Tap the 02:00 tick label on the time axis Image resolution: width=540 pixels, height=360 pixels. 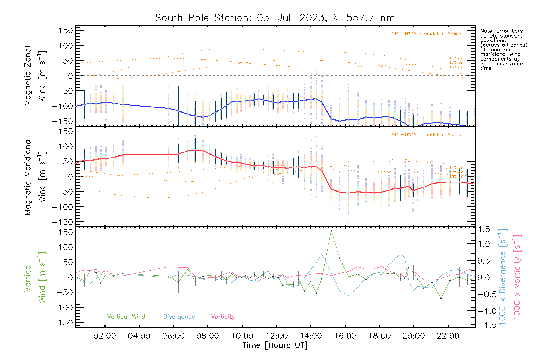pyautogui.click(x=105, y=336)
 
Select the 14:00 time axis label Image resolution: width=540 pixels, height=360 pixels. pyautogui.click(x=311, y=336)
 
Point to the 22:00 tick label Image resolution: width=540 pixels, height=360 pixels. pyautogui.click(x=448, y=336)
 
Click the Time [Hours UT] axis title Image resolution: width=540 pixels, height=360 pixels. pyautogui.click(x=275, y=345)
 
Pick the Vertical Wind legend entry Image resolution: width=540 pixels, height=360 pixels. pyautogui.click(x=126, y=317)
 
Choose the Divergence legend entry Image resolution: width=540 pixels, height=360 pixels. pyautogui.click(x=179, y=317)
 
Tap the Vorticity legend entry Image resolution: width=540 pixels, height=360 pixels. pyautogui.click(x=223, y=317)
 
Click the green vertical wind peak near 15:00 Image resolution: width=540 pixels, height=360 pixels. pyautogui.click(x=331, y=231)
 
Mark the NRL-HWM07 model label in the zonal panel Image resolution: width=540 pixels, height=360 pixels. pyautogui.click(x=427, y=34)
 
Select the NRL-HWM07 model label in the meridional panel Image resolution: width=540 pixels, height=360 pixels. pyautogui.click(x=427, y=135)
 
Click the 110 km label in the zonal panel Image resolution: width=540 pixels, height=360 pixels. pyautogui.click(x=456, y=58)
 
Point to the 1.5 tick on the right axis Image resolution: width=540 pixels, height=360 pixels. pyautogui.click(x=484, y=229)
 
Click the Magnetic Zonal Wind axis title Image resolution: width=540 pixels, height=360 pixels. pyautogui.click(x=35, y=76)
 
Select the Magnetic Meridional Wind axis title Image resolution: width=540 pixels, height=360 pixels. pyautogui.click(x=35, y=177)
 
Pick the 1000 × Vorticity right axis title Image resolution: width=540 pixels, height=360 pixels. pyautogui.click(x=517, y=277)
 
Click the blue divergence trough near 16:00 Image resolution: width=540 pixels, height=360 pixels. pyautogui.click(x=349, y=296)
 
